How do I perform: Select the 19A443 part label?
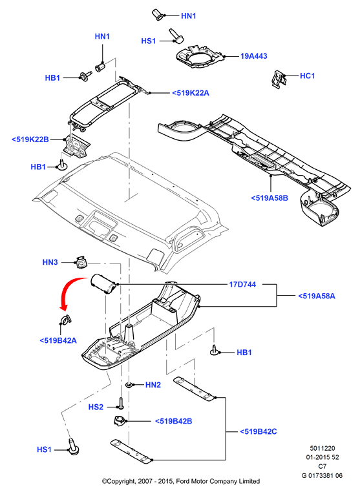(x=254, y=56)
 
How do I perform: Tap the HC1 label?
(x=308, y=76)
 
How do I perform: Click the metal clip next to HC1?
(x=279, y=79)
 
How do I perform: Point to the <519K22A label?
(x=191, y=93)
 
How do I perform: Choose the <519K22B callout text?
(x=30, y=139)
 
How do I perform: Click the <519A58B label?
(x=270, y=198)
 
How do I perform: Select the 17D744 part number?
(x=242, y=285)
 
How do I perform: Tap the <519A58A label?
(x=317, y=296)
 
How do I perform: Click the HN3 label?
(x=50, y=262)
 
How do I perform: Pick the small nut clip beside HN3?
(x=81, y=262)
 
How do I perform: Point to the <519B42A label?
(x=58, y=340)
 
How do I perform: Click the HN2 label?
(x=153, y=385)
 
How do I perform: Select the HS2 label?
(x=96, y=407)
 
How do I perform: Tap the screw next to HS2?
(x=121, y=403)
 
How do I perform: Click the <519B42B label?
(x=173, y=421)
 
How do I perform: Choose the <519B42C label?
(x=259, y=431)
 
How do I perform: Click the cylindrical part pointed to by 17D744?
(x=103, y=283)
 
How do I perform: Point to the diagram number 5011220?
(x=322, y=448)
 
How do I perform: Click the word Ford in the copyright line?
(x=182, y=481)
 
